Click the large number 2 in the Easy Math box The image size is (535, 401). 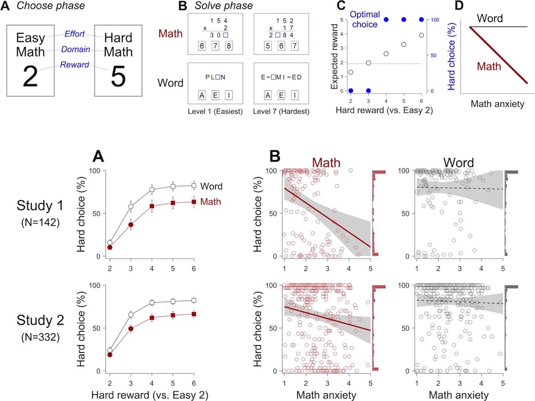click(x=30, y=77)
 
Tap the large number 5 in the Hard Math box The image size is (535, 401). click(x=118, y=77)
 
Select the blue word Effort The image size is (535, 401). click(x=74, y=34)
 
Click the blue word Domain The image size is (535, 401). click(x=75, y=49)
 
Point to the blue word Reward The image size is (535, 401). click(x=74, y=65)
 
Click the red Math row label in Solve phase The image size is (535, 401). click(x=171, y=33)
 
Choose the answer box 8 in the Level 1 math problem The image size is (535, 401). click(x=229, y=46)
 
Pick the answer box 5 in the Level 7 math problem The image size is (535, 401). click(x=268, y=46)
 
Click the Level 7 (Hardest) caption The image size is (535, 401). click(x=281, y=112)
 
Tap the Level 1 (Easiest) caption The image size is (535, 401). click(x=215, y=112)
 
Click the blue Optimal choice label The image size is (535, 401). click(x=365, y=20)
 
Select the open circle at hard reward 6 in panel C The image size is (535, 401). click(x=421, y=35)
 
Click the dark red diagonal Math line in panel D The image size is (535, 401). click(x=499, y=55)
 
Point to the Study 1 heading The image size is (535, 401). click(x=40, y=206)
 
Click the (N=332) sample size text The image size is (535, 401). click(x=40, y=337)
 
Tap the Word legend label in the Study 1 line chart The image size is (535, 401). click(x=211, y=186)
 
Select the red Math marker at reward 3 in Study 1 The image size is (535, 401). click(x=131, y=225)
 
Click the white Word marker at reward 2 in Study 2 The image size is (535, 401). click(x=110, y=350)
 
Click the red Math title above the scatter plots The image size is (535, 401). click(x=326, y=163)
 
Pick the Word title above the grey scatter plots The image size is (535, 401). click(x=458, y=163)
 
